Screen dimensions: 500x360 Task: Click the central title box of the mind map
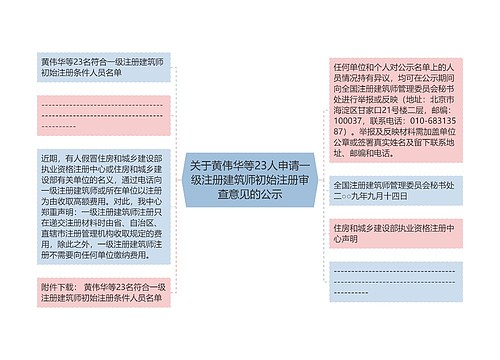coord(250,180)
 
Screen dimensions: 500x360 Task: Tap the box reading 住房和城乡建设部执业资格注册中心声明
coord(394,233)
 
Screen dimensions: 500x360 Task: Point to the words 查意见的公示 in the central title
coord(250,194)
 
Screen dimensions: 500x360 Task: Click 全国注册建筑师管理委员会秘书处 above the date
coord(394,186)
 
